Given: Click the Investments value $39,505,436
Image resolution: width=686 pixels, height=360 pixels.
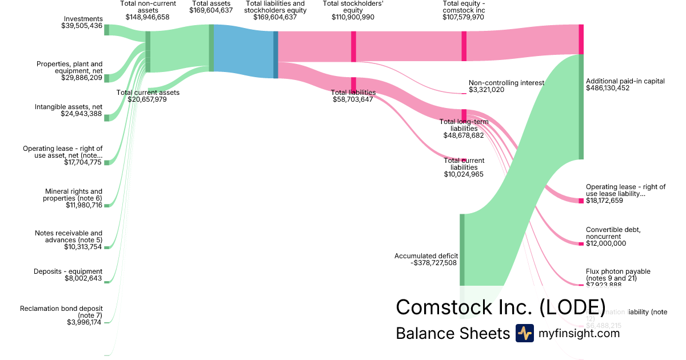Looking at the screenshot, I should click(x=82, y=26).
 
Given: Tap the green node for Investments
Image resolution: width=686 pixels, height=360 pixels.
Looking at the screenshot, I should click(x=106, y=30).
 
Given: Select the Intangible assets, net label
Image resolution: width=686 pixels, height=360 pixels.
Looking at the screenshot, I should click(x=69, y=107).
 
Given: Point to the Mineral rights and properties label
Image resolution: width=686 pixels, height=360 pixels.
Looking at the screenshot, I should click(x=73, y=195).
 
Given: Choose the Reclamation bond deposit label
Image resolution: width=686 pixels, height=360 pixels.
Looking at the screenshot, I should click(x=61, y=312).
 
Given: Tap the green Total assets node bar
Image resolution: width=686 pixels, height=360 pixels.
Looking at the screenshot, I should click(x=211, y=48).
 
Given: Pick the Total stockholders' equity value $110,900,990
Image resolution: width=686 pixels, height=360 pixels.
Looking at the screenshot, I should click(x=353, y=18).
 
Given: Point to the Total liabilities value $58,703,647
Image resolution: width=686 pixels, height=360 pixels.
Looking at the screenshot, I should click(x=353, y=99).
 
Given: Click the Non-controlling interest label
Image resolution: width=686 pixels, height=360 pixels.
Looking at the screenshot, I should click(x=506, y=82).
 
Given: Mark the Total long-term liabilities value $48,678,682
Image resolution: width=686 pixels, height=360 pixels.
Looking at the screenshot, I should click(x=464, y=135).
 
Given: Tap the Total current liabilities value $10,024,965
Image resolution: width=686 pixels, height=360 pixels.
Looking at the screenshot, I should click(x=464, y=174).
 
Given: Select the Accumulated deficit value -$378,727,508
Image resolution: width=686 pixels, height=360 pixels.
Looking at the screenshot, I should click(x=425, y=263).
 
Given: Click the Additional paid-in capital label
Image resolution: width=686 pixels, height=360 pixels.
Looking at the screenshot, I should click(x=625, y=81).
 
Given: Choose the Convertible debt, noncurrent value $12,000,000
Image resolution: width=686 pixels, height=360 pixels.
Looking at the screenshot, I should click(x=606, y=243).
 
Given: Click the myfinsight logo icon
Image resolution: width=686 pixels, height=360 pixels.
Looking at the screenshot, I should click(x=524, y=333).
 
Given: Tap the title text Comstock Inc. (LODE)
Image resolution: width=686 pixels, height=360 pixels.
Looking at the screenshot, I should click(x=501, y=307).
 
